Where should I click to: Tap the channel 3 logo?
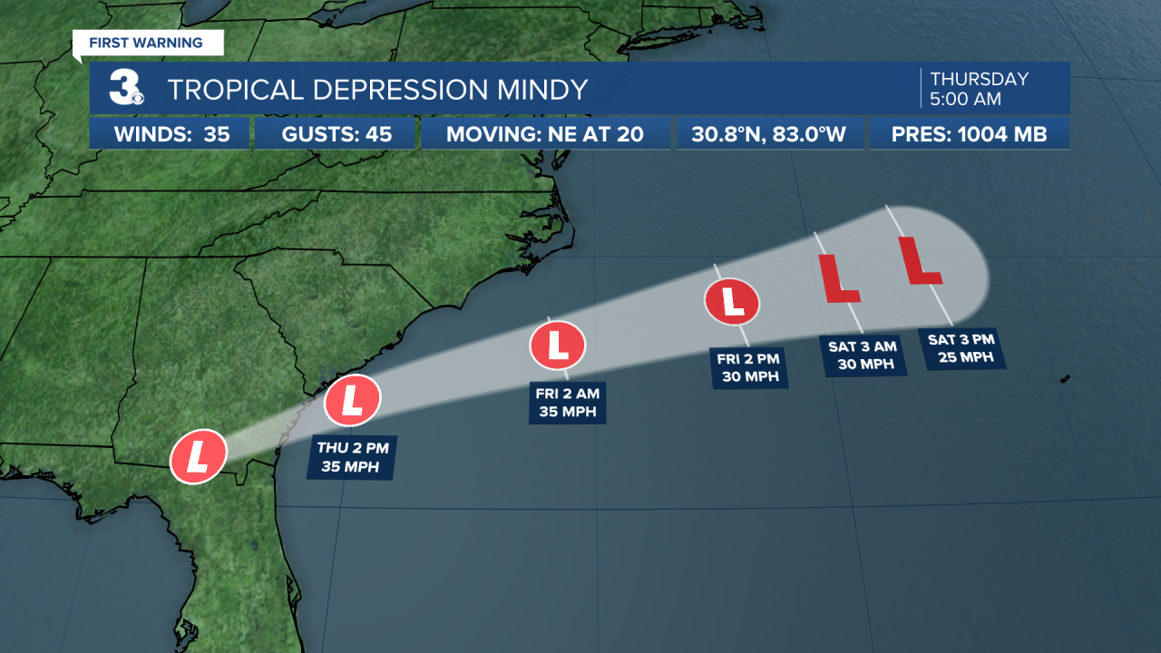pyautogui.click(x=124, y=88)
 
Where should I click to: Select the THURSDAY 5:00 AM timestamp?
pyautogui.click(x=979, y=88)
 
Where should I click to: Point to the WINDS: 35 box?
pyautogui.click(x=171, y=135)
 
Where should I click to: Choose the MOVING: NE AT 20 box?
pyautogui.click(x=545, y=135)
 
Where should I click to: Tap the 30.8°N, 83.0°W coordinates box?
pyautogui.click(x=768, y=135)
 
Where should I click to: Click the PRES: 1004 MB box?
pyautogui.click(x=969, y=135)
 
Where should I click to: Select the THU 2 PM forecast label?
pyautogui.click(x=351, y=457)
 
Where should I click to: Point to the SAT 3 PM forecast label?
pyautogui.click(x=961, y=347)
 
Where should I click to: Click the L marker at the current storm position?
pyautogui.click(x=198, y=456)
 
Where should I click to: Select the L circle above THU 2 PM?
pyautogui.click(x=352, y=400)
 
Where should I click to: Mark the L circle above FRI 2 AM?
pyautogui.click(x=558, y=345)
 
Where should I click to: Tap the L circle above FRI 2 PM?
pyautogui.click(x=732, y=302)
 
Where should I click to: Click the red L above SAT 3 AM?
pyautogui.click(x=839, y=278)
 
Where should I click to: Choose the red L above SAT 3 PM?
pyautogui.click(x=920, y=260)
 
